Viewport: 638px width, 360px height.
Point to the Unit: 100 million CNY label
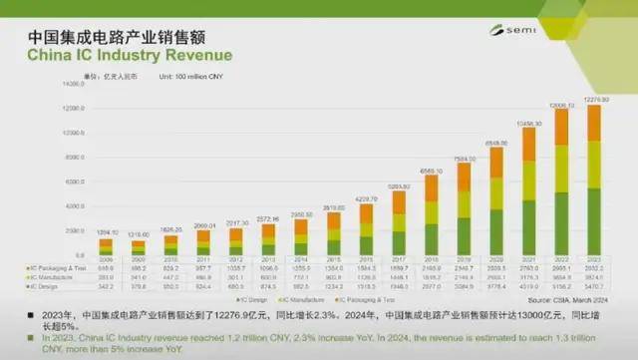click(x=183, y=76)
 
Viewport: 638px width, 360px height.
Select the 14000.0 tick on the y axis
click(x=78, y=85)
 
